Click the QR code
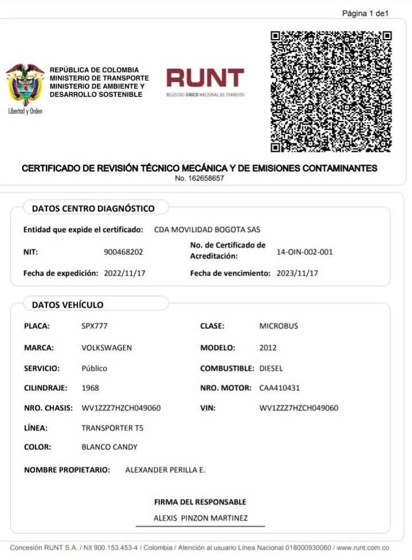[x=331, y=91]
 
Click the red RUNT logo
[x=205, y=79]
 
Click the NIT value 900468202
[x=123, y=252]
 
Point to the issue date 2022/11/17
[x=124, y=273]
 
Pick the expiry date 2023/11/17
[x=297, y=273]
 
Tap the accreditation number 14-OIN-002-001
[x=304, y=252]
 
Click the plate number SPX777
[x=95, y=326]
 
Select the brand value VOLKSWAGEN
[x=107, y=347]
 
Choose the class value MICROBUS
[x=278, y=326]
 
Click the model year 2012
[x=268, y=347]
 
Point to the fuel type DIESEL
[x=271, y=368]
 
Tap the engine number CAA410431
[x=279, y=388]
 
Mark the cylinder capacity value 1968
[x=90, y=388]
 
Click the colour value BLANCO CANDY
[x=109, y=447]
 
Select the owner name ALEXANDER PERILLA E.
[x=165, y=470]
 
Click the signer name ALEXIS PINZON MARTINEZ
[x=201, y=518]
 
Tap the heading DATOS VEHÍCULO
[x=68, y=305]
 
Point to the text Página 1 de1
[x=365, y=13]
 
